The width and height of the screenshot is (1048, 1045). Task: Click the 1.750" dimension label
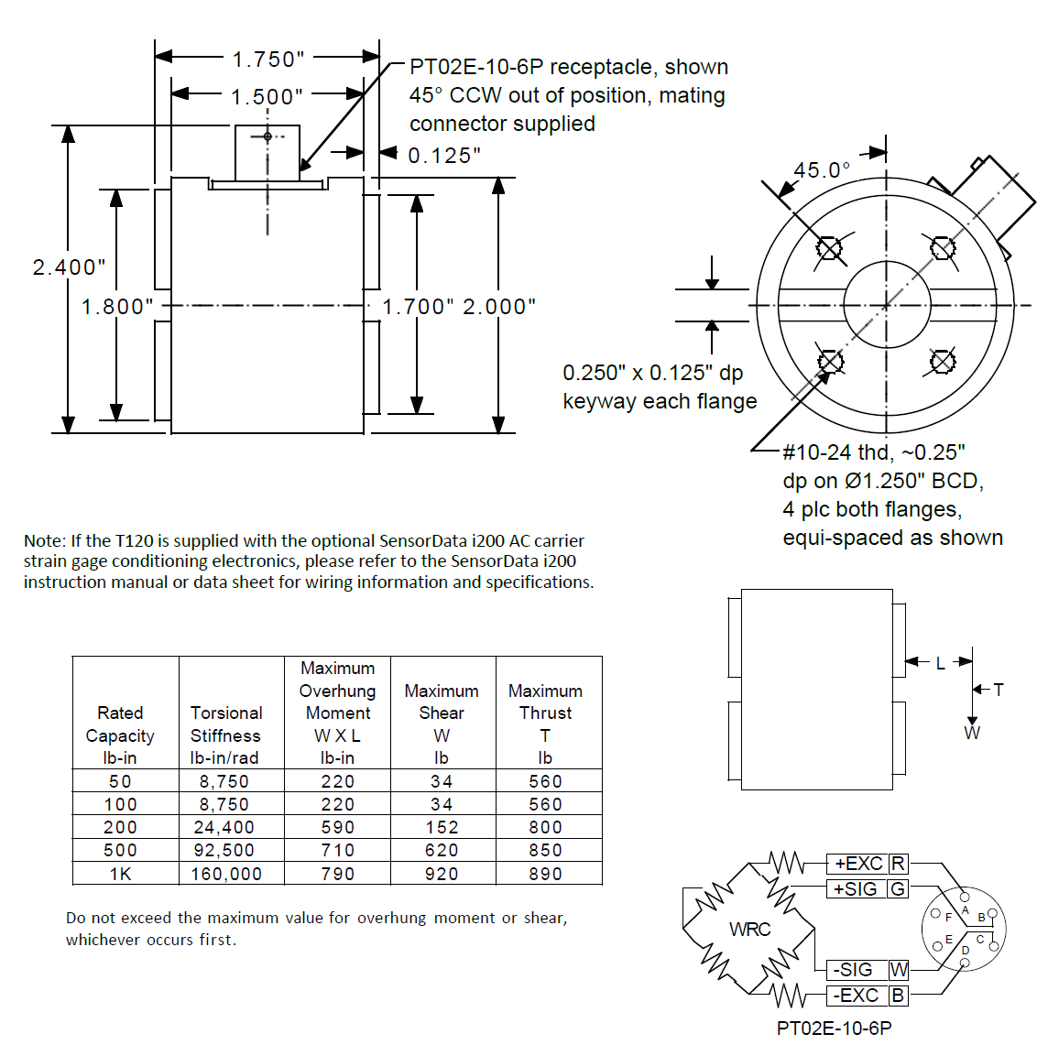pyautogui.click(x=267, y=60)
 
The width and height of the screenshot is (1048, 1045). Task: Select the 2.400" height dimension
pyautogui.click(x=69, y=267)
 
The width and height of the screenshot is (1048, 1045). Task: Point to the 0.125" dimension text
pyautogui.click(x=443, y=156)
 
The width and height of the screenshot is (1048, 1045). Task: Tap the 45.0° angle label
pyautogui.click(x=822, y=170)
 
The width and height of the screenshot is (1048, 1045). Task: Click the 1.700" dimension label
pyautogui.click(x=418, y=307)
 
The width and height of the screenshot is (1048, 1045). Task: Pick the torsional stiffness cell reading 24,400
pyautogui.click(x=225, y=827)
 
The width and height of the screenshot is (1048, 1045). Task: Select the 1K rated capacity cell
pyautogui.click(x=121, y=874)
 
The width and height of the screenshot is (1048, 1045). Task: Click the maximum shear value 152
pyautogui.click(x=442, y=827)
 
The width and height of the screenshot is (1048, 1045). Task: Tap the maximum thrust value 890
pyautogui.click(x=545, y=874)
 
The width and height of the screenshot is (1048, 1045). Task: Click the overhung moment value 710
pyautogui.click(x=337, y=850)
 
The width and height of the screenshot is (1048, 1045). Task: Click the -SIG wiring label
pyautogui.click(x=853, y=970)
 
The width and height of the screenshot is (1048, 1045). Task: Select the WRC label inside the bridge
pyautogui.click(x=749, y=930)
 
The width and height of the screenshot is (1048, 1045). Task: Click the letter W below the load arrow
pyautogui.click(x=972, y=733)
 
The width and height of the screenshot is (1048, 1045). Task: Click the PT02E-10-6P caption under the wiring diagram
pyautogui.click(x=834, y=1029)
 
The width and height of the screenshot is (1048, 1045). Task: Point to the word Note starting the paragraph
pyautogui.click(x=44, y=541)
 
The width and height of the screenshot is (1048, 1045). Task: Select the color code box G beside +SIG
pyautogui.click(x=898, y=889)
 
